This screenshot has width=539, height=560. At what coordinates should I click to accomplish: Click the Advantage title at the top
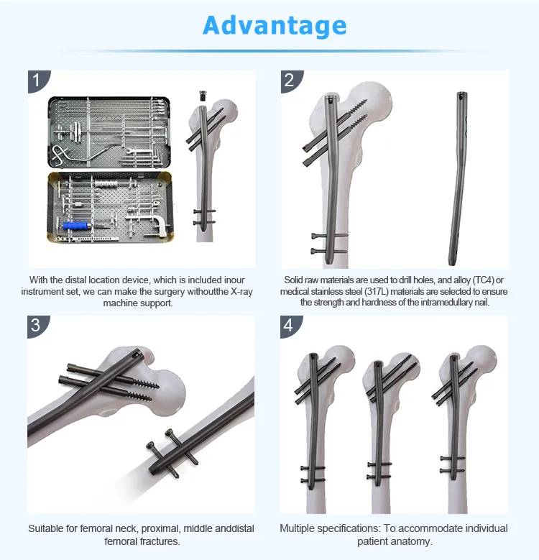tap(275, 26)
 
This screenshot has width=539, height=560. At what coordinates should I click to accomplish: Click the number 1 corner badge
tap(36, 79)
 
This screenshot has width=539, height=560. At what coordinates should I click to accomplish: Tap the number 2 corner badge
tap(289, 79)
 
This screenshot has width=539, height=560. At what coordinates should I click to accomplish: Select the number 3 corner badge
tap(36, 325)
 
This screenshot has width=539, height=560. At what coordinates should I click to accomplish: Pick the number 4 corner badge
tap(289, 325)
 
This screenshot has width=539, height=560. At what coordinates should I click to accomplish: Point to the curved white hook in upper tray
tap(60, 153)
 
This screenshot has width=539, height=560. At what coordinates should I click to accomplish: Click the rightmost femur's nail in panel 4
tap(453, 417)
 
